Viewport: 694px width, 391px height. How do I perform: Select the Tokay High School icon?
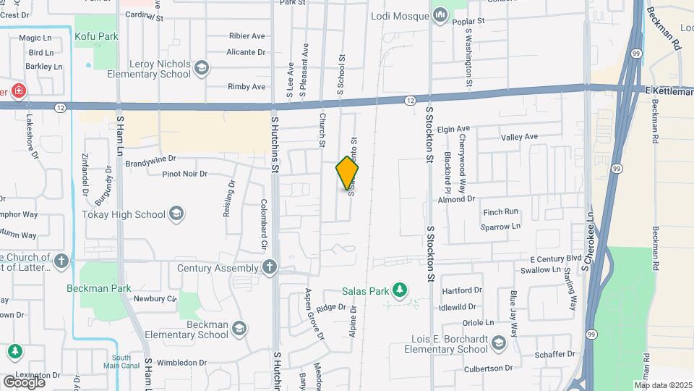(176, 214)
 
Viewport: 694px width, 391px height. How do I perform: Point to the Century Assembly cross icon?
(270, 268)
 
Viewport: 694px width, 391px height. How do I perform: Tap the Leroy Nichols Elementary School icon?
(201, 69)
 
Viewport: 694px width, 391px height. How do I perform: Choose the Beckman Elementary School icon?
(239, 330)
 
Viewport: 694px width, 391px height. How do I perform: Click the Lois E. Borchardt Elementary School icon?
(498, 342)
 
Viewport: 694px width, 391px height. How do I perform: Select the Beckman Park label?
(99, 287)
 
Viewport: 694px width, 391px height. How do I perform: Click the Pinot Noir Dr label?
(184, 174)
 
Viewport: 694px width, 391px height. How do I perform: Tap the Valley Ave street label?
(520, 137)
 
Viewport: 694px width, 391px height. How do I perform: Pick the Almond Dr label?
(455, 198)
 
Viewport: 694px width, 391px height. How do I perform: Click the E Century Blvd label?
(555, 258)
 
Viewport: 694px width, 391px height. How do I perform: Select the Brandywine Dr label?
(150, 161)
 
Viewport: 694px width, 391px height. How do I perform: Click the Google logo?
(24, 382)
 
